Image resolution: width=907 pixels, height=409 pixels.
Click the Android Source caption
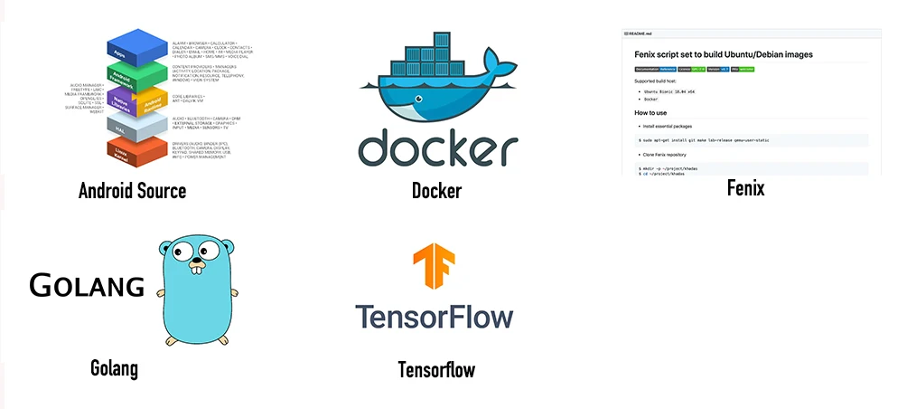[x=132, y=191]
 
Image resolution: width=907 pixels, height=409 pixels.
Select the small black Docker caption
[x=436, y=191]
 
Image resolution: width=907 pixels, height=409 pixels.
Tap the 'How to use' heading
[x=650, y=113]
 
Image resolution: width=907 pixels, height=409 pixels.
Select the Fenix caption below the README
[x=746, y=188]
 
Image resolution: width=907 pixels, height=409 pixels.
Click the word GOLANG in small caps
[x=87, y=286]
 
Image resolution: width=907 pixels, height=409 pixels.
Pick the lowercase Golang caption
[x=114, y=368]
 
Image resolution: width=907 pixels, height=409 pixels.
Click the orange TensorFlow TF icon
[x=435, y=268]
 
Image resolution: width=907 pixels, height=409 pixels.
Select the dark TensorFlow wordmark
[x=435, y=318]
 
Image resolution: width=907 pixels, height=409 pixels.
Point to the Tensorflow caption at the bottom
[x=436, y=369]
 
